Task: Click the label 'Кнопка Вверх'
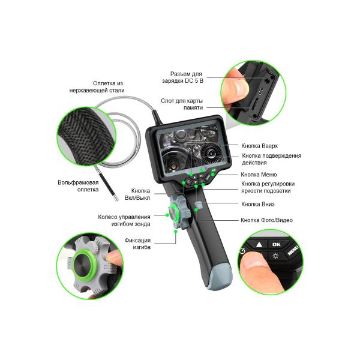click(x=259, y=146)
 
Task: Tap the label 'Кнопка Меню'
click(x=259, y=175)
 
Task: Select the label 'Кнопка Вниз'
click(x=258, y=204)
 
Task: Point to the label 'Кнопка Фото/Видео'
click(x=266, y=220)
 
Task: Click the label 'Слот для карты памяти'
click(x=182, y=104)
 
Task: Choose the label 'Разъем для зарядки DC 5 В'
click(x=183, y=77)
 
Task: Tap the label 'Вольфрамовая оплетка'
click(x=78, y=186)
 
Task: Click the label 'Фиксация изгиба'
click(x=137, y=244)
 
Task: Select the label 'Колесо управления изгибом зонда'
click(x=124, y=220)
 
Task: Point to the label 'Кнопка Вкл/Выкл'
click(x=137, y=194)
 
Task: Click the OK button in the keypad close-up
click(x=276, y=245)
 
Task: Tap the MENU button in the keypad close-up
click(x=293, y=250)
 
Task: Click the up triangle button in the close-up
click(x=259, y=245)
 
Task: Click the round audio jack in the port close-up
click(x=267, y=81)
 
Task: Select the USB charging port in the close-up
click(x=261, y=91)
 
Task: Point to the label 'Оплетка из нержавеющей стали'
click(x=97, y=87)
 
